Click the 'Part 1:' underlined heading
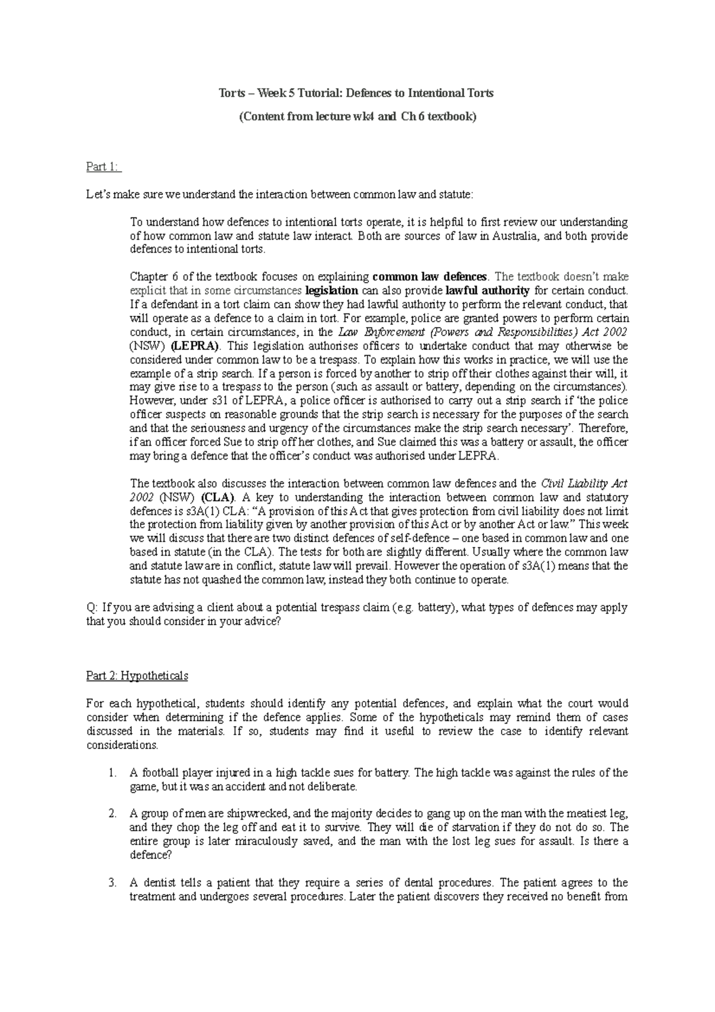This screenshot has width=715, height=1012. [x=103, y=167]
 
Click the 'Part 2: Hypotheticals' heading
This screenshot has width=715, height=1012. [x=137, y=676]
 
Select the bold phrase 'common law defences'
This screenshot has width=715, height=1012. [x=429, y=277]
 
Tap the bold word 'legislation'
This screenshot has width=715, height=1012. [x=331, y=291]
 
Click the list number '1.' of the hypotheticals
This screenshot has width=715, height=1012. [x=113, y=773]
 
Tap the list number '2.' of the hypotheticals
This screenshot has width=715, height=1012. [x=113, y=814]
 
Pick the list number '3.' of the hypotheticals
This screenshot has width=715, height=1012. [x=113, y=883]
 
